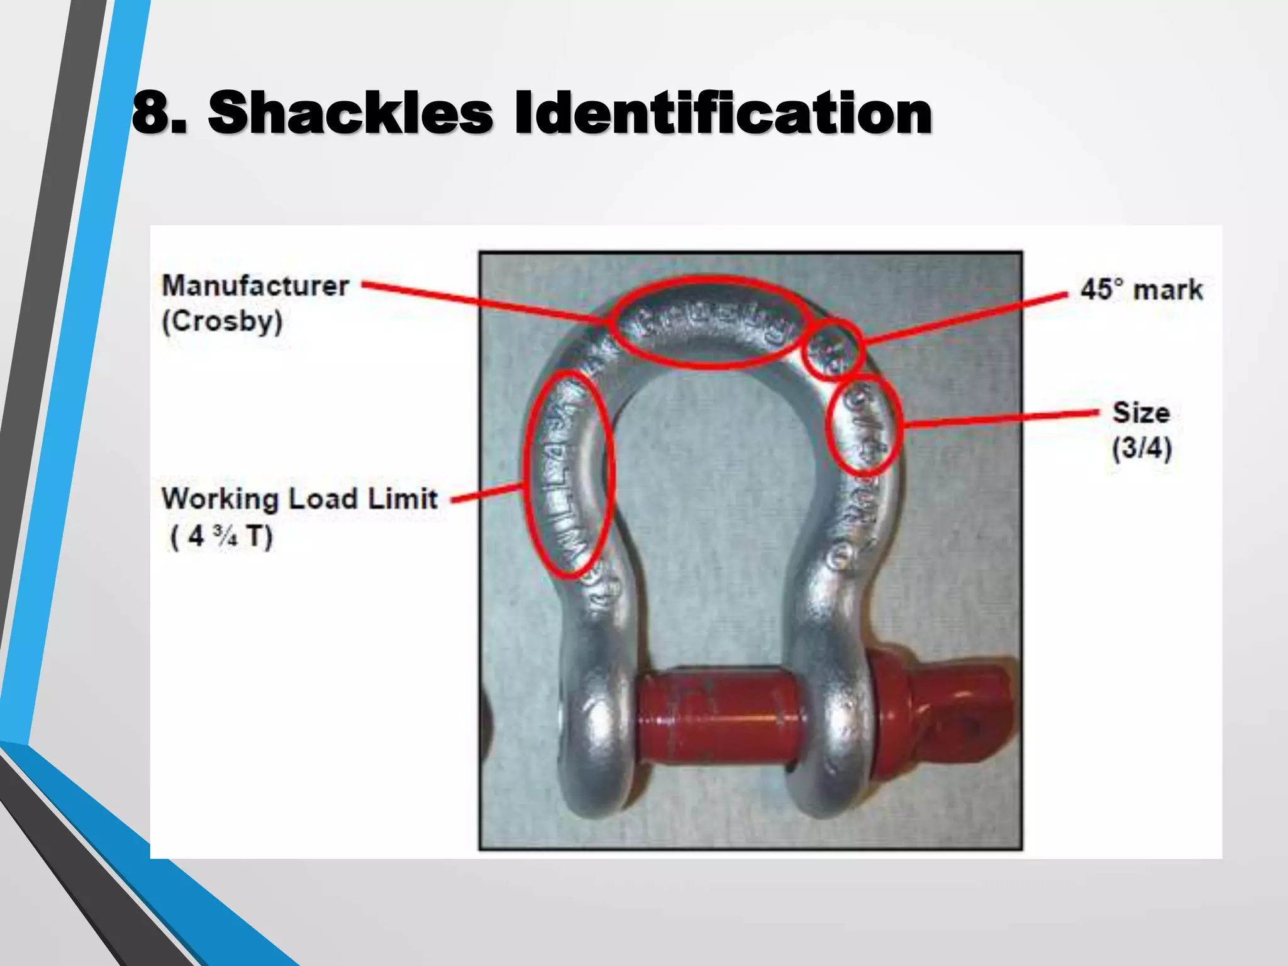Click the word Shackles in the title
click(350, 113)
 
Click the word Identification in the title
click(723, 113)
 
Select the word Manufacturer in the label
click(255, 286)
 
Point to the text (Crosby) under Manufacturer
click(223, 322)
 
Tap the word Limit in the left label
click(402, 499)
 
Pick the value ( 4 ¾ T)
click(221, 536)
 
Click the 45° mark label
click(1141, 290)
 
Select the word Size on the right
click(1141, 413)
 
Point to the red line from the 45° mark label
click(962, 318)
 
